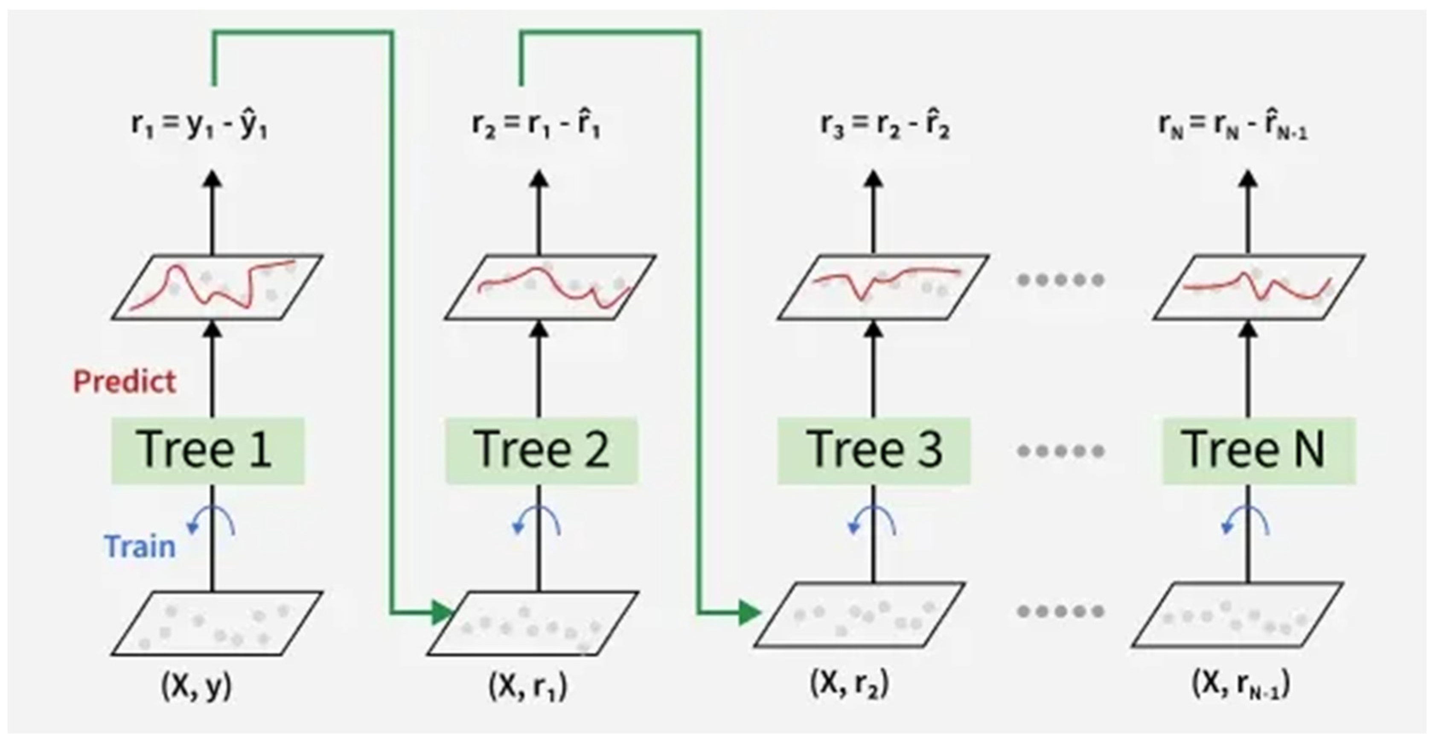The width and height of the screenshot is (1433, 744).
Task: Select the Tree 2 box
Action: tap(541, 450)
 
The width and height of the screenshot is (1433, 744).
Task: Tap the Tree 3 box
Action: tap(874, 450)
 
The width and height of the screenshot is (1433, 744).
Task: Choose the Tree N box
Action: tap(1259, 450)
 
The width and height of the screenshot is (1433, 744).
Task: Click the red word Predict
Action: tap(125, 382)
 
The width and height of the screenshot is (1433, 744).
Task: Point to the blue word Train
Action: tap(140, 546)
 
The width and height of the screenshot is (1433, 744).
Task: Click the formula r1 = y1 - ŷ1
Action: tap(199, 126)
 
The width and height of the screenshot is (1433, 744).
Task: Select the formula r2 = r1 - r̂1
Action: tap(536, 126)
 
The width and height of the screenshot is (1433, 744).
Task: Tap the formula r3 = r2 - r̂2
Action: tap(885, 126)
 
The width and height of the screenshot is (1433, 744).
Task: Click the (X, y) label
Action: tap(196, 686)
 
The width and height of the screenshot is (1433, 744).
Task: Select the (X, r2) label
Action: tap(849, 685)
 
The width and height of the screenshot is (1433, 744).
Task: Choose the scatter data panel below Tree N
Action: tap(1238, 615)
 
